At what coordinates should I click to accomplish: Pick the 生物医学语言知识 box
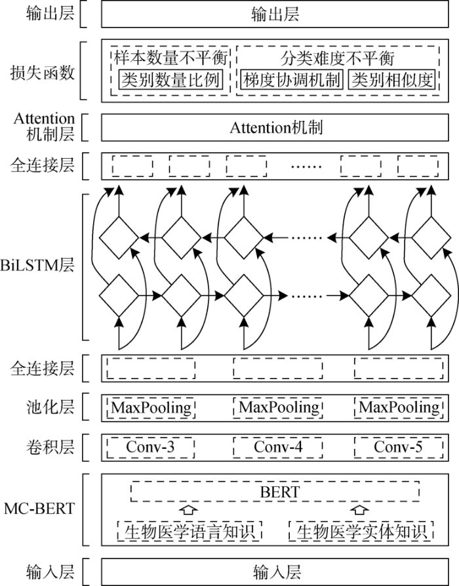190,531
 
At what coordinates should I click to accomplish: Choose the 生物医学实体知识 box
360,531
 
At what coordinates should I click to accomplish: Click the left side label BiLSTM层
37,266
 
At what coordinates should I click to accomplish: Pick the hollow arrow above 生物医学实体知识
357,509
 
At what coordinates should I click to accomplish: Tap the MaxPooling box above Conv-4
279,408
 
